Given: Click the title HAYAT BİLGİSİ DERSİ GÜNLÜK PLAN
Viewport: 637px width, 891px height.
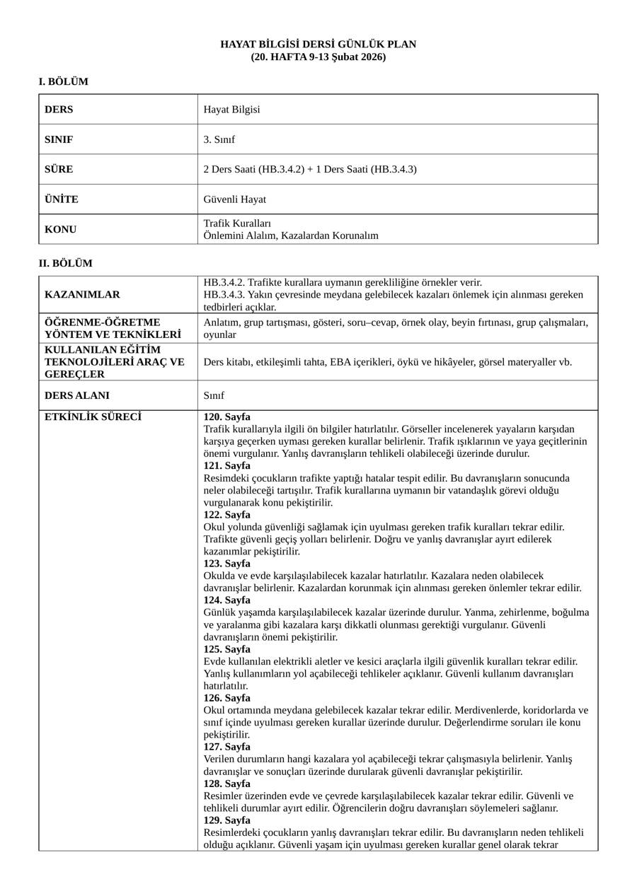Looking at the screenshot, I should coord(318,45).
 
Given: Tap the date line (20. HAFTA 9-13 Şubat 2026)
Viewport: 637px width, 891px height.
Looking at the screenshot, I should coord(318,57).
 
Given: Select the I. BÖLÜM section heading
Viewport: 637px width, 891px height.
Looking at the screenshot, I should coord(63,82).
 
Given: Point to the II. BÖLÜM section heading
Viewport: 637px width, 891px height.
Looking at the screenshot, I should coord(65,264).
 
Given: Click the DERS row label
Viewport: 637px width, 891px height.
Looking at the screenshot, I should coord(59,110).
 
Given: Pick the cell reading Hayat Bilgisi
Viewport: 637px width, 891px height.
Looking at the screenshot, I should coord(231,110).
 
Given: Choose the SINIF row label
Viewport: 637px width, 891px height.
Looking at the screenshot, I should coord(59,140).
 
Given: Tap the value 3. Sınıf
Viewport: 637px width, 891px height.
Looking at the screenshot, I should coord(219,140).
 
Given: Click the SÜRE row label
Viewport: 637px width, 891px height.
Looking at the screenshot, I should coord(59,170).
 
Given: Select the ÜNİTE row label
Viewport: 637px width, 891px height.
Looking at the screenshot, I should coord(62,199).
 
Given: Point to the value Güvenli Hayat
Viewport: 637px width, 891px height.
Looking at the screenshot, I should coord(234,199).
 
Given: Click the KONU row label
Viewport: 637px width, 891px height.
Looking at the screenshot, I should coord(60,230).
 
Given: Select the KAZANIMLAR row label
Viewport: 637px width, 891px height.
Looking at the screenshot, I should coord(82,294).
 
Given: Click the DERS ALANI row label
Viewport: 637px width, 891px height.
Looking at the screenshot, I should coord(77,396).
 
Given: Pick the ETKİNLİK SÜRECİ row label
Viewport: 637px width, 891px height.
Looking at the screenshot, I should coord(93,417).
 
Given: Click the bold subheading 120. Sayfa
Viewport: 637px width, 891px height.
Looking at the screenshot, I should coord(226,417).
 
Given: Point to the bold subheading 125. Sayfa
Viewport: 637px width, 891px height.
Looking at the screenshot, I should coord(226,649).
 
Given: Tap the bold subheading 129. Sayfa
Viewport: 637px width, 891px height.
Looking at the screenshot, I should coord(226,820).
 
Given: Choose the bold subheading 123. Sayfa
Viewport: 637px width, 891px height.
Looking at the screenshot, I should coord(226,564).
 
